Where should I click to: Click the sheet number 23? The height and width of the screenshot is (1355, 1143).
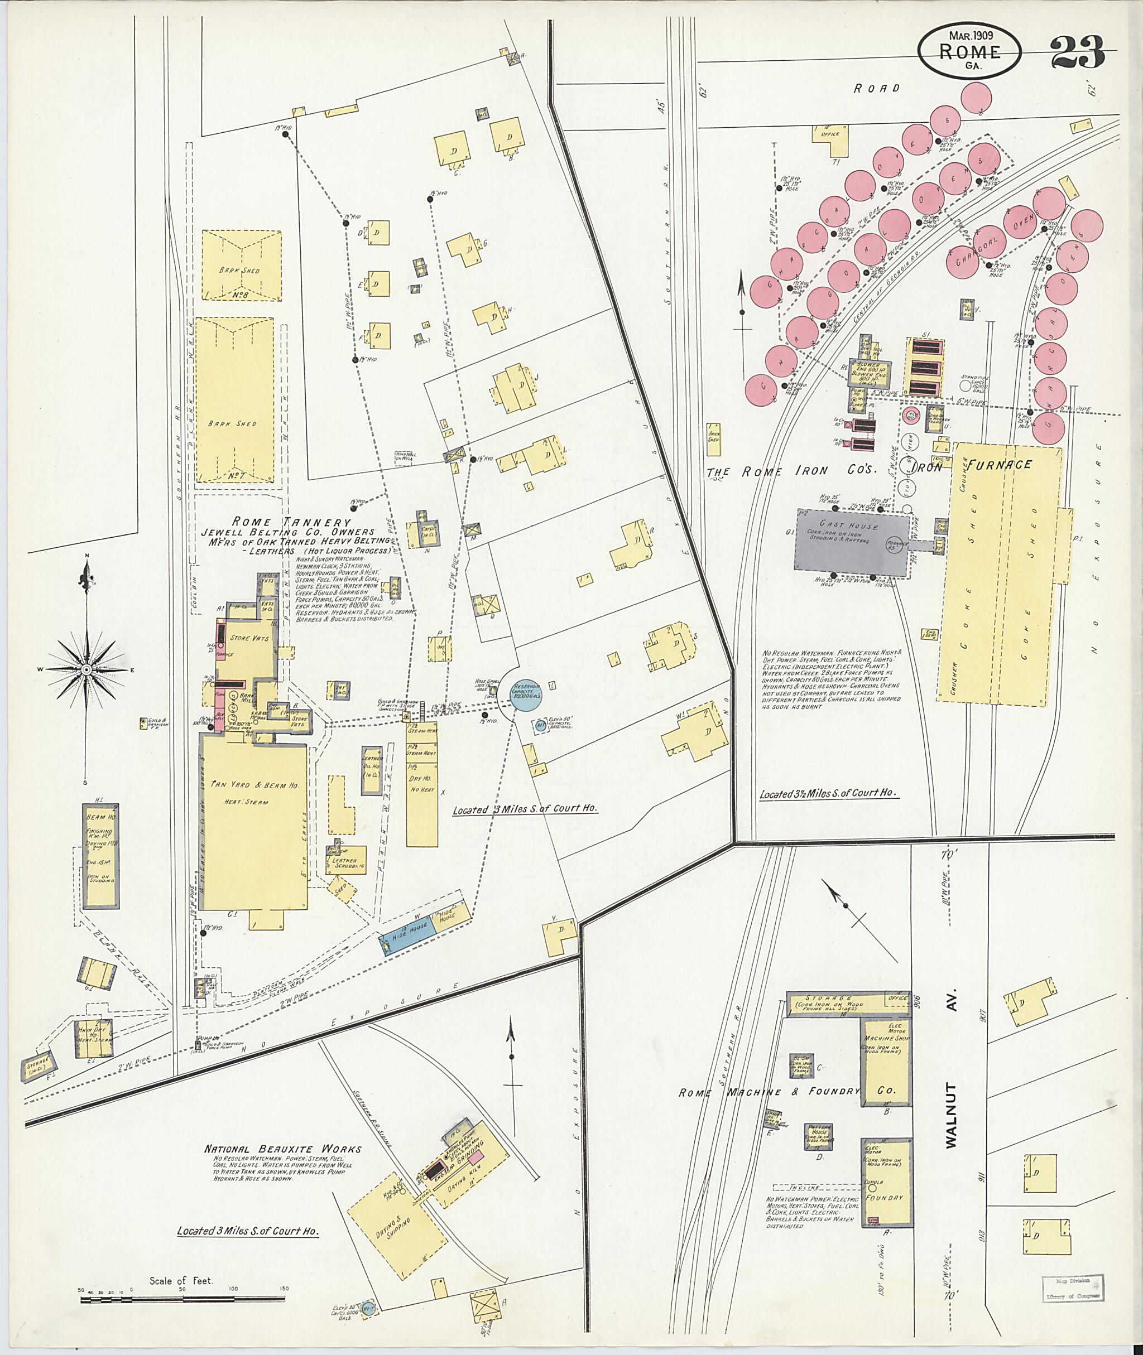1078,53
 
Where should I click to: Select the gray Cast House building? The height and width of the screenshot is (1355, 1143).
851,543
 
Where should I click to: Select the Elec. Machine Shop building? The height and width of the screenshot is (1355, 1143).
886,1063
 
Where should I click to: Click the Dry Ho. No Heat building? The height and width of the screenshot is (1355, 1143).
421,790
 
